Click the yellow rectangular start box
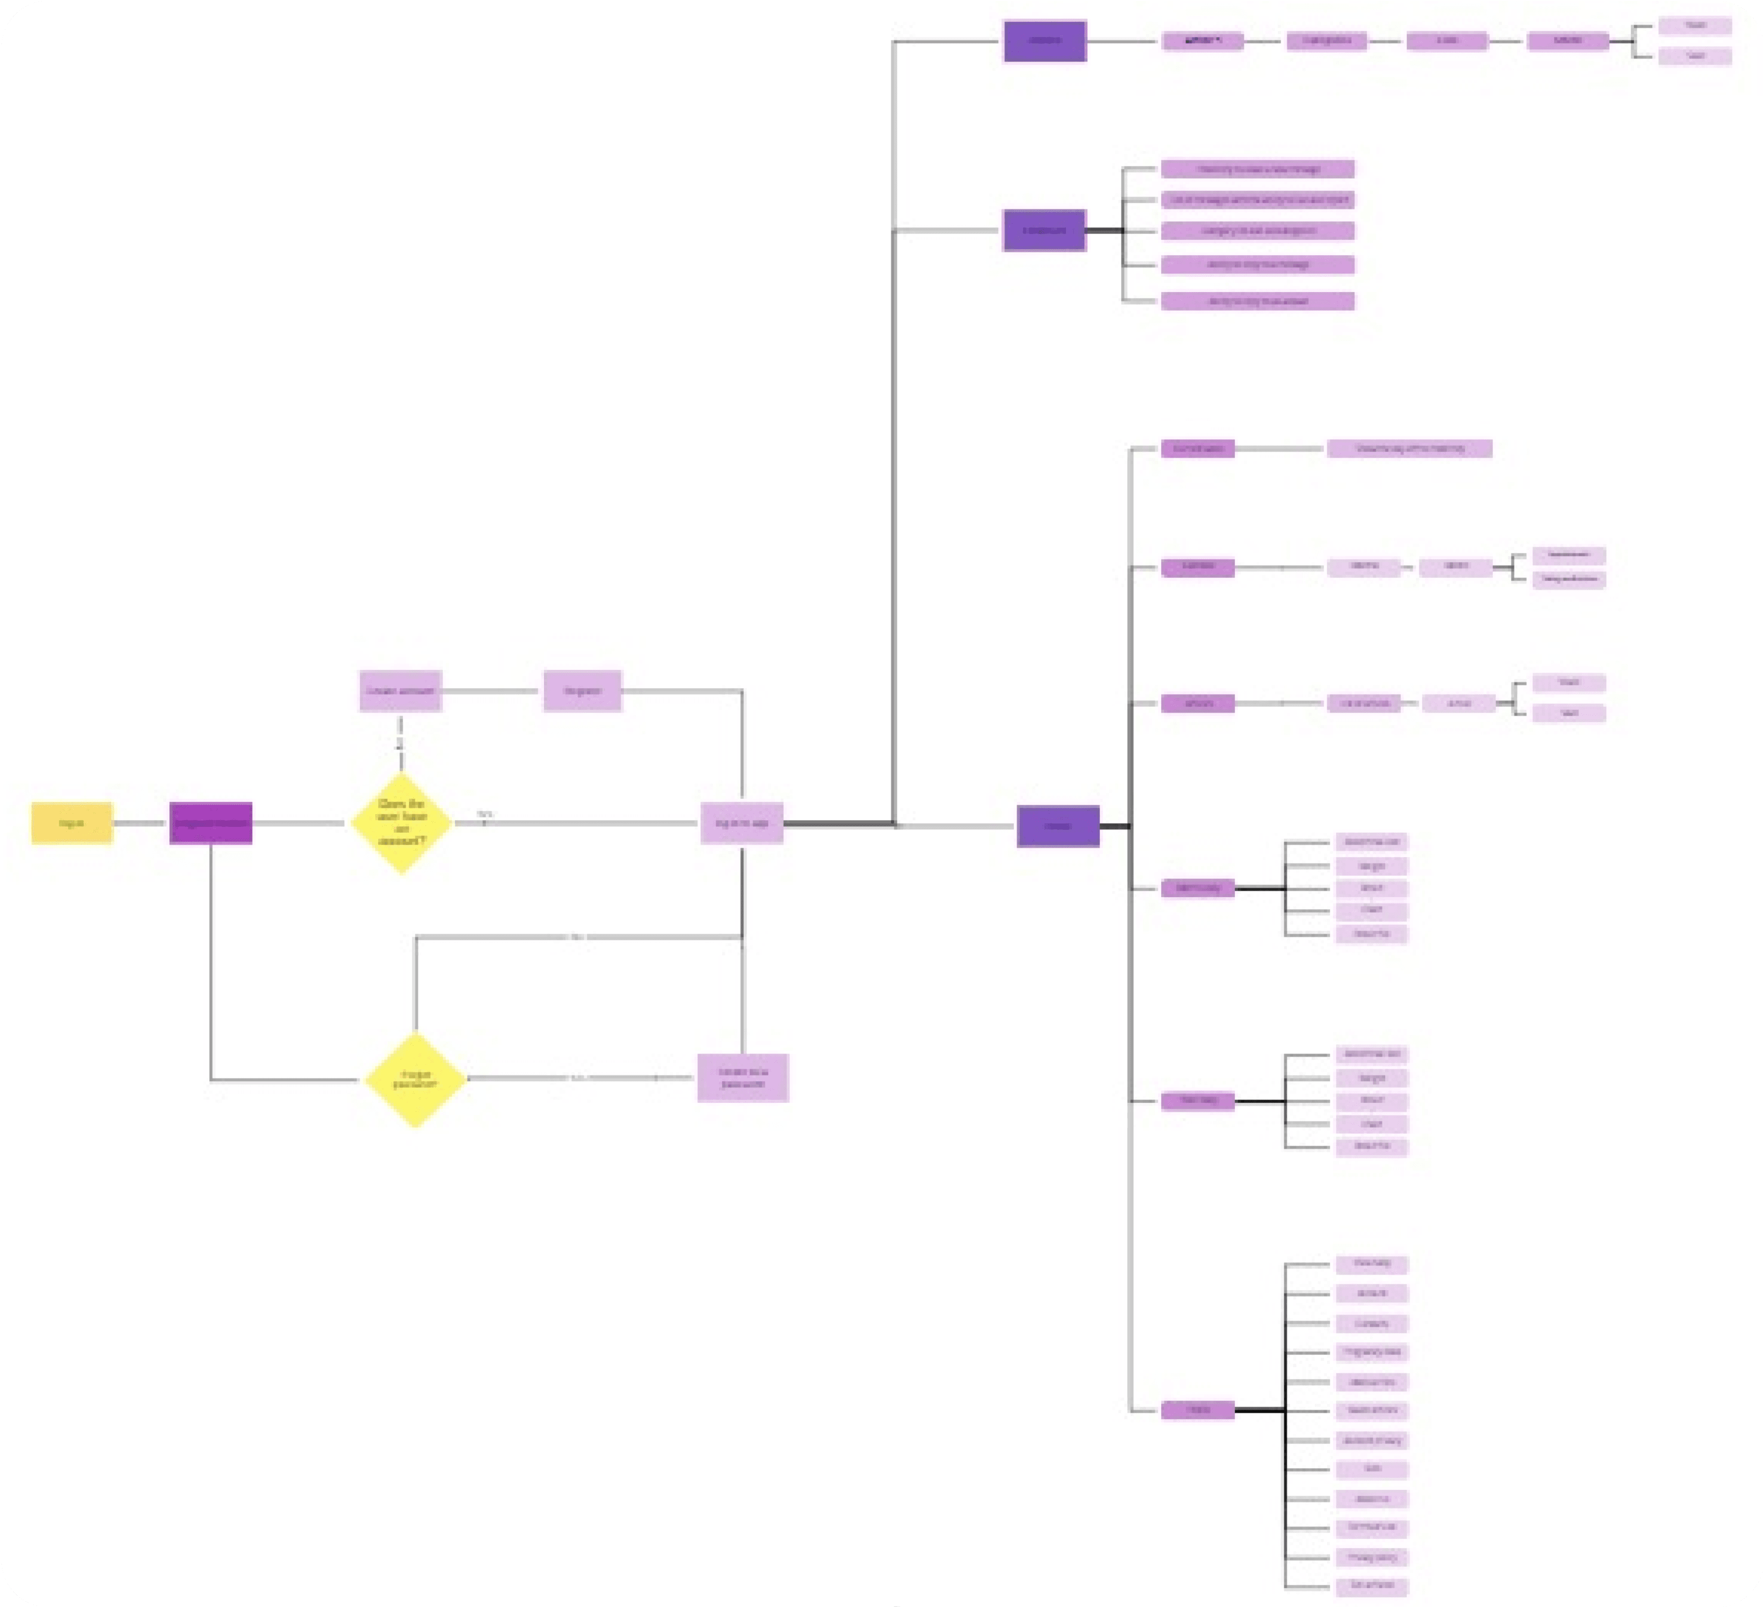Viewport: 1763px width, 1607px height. (72, 823)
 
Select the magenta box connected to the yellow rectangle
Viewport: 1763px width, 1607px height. (211, 823)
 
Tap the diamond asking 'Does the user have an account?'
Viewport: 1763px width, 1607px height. (402, 823)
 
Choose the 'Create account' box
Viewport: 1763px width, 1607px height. (401, 691)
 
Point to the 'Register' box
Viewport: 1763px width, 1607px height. (582, 691)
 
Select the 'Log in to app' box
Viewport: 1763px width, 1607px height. (741, 823)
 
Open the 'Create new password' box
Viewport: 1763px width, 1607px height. (742, 1078)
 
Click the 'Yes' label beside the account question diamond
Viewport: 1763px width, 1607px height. (485, 814)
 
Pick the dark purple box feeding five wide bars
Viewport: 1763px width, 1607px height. (1044, 231)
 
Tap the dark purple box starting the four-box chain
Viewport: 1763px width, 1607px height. (1045, 41)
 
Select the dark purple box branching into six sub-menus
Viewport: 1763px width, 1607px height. (1058, 826)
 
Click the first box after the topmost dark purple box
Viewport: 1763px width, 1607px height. (1202, 41)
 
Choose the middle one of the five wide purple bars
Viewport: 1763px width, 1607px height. (1258, 231)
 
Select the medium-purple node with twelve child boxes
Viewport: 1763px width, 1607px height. (1198, 1410)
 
